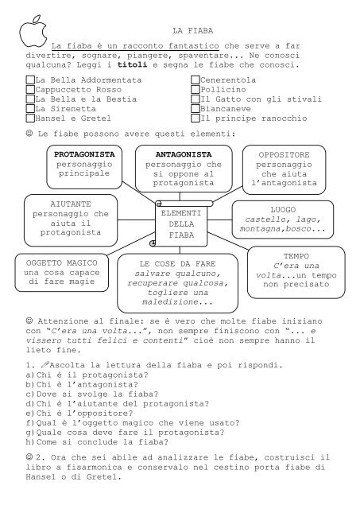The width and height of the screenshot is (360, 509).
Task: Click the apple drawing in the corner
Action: [33, 31]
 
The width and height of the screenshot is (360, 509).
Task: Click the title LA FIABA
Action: [192, 31]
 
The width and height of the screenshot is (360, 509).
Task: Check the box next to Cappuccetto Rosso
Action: [30, 89]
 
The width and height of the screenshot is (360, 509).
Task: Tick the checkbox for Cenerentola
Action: [195, 80]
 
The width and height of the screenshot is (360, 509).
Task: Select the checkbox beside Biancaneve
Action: [195, 108]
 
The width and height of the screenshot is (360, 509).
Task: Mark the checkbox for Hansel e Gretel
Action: [30, 118]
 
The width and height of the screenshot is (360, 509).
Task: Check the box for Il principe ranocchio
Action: [195, 118]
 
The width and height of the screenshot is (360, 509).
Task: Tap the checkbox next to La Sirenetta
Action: [30, 108]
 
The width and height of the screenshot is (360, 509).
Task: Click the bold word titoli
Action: [132, 64]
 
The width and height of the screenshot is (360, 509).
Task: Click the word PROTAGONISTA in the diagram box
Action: [84, 154]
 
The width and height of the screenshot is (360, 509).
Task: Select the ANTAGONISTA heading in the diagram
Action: [184, 154]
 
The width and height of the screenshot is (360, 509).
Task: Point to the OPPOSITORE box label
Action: [284, 155]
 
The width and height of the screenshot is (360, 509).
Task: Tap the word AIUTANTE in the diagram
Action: [71, 204]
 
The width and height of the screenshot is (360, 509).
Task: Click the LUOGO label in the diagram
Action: [283, 210]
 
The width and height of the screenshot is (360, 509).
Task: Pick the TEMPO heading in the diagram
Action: [296, 256]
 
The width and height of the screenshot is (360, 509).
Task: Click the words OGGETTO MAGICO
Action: [62, 263]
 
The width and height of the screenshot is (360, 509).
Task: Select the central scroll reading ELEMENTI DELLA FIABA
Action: [181, 223]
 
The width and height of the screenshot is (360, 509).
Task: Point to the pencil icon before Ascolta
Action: [45, 364]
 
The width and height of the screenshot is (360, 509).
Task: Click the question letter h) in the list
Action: [30, 442]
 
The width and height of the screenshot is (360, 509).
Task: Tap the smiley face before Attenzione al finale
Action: [29, 321]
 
